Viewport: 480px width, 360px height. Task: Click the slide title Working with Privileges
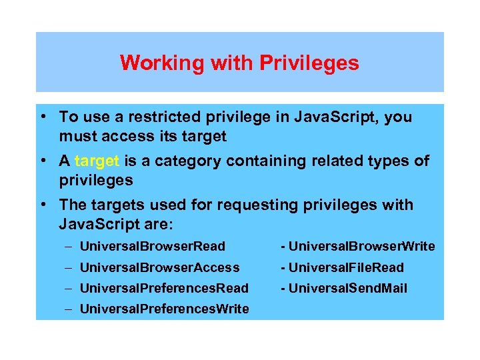[239, 63]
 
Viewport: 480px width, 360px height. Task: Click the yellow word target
[97, 161]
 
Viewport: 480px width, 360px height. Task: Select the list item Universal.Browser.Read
[153, 247]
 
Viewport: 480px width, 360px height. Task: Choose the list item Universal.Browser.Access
[159, 267]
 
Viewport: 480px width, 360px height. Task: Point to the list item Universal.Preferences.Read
[164, 288]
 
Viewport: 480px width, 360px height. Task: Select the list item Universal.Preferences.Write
[164, 309]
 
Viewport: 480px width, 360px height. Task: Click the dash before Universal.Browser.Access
[69, 267]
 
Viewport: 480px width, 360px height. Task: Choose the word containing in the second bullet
[263, 161]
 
